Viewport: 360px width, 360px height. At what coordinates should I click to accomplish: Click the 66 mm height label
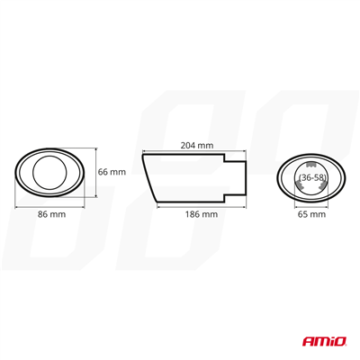[112, 172]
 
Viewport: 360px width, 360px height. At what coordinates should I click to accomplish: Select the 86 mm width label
[51, 214]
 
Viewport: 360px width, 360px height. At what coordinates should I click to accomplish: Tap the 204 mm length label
[197, 145]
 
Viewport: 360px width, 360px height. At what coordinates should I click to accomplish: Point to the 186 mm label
[202, 214]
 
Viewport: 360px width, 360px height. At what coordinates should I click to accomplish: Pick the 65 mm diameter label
[311, 214]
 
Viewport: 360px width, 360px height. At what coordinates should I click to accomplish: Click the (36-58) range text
[312, 178]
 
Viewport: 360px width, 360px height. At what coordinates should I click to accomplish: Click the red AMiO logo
[324, 341]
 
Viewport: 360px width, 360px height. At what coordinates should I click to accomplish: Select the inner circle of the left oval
[32, 173]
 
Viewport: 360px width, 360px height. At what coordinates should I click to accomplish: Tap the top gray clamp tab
[311, 165]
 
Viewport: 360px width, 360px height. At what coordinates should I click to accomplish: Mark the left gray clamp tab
[299, 184]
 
